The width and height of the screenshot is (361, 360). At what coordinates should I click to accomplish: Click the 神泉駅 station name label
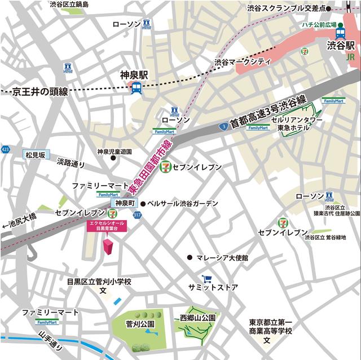click(x=134, y=74)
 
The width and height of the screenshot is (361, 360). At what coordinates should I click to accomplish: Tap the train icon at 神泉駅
click(x=136, y=88)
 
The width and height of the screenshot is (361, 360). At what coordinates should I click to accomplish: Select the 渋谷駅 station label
click(x=342, y=45)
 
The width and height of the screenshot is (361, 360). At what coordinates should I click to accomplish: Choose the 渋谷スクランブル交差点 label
click(x=287, y=8)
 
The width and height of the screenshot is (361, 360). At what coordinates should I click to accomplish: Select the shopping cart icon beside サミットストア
click(x=208, y=278)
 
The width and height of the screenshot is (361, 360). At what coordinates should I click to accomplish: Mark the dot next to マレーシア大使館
click(x=190, y=257)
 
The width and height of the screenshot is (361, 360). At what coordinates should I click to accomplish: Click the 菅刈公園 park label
click(x=140, y=324)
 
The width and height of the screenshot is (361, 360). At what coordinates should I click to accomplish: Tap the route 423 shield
click(x=5, y=149)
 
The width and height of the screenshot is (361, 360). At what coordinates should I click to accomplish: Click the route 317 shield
click(x=137, y=214)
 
